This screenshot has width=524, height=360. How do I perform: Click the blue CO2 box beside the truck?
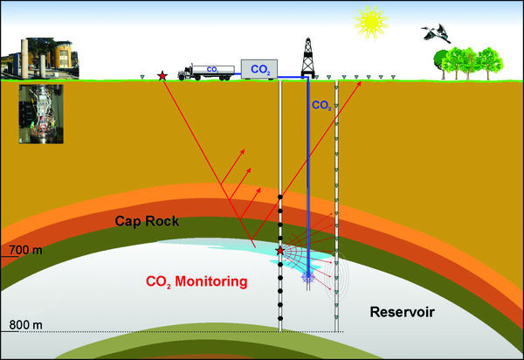(259, 67)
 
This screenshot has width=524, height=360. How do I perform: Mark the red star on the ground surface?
(162, 77)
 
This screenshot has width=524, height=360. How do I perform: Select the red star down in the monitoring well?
(279, 251)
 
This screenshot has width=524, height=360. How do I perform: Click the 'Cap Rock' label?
(147, 222)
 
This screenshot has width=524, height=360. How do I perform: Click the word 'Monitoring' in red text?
(206, 282)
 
